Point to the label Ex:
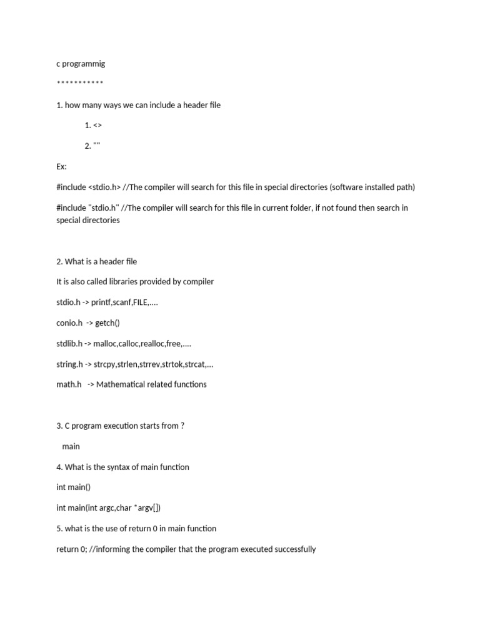(61, 167)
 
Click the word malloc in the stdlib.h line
(109, 343)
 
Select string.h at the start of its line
(69, 364)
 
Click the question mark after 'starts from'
(182, 426)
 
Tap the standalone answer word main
(71, 446)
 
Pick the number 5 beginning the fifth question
(59, 529)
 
